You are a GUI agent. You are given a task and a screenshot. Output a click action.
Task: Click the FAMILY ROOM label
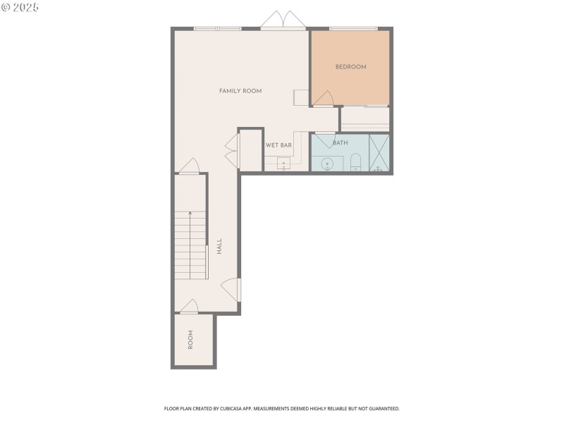click(240, 91)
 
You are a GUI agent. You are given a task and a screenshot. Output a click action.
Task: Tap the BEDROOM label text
click(350, 67)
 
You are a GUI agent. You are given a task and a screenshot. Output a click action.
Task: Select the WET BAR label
click(278, 145)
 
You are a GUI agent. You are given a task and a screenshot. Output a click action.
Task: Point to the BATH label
click(341, 143)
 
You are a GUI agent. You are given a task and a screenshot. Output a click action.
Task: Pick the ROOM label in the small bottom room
click(190, 340)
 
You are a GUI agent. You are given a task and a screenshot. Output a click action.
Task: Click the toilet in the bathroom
click(355, 163)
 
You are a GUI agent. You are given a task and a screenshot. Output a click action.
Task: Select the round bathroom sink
click(327, 165)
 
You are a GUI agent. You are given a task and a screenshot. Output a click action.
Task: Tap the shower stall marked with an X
click(379, 153)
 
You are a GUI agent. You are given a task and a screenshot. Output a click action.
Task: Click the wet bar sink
click(283, 165)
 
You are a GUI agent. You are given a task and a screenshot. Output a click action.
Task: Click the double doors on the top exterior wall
click(283, 20)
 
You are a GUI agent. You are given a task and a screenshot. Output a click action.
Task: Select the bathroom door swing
click(325, 140)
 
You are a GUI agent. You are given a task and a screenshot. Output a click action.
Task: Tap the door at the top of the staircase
click(190, 166)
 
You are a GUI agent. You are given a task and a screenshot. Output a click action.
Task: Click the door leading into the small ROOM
click(189, 307)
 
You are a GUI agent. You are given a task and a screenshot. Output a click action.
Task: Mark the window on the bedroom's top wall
click(353, 28)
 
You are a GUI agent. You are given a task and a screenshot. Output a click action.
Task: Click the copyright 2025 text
click(20, 7)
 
